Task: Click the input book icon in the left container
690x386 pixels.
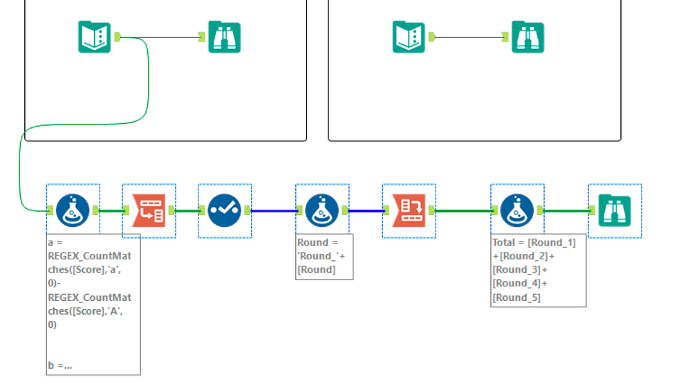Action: [94, 37]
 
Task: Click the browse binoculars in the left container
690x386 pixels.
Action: [225, 37]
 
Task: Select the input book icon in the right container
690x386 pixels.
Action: [409, 37]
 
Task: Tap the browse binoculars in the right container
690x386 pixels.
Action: [528, 37]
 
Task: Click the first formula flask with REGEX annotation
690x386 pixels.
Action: [73, 210]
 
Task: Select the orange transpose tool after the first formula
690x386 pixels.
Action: [149, 210]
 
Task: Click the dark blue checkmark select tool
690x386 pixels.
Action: [225, 210]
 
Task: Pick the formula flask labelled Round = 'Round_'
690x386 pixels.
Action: [322, 210]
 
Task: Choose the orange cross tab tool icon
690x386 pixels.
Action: [409, 210]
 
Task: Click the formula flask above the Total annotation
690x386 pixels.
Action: [517, 210]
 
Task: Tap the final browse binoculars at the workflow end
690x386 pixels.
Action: [615, 210]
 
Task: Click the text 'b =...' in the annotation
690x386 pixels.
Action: [61, 365]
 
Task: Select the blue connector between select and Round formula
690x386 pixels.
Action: [273, 210]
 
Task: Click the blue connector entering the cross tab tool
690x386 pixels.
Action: [366, 210]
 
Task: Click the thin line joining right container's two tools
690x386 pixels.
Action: [470, 37]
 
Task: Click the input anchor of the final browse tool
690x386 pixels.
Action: [593, 210]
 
